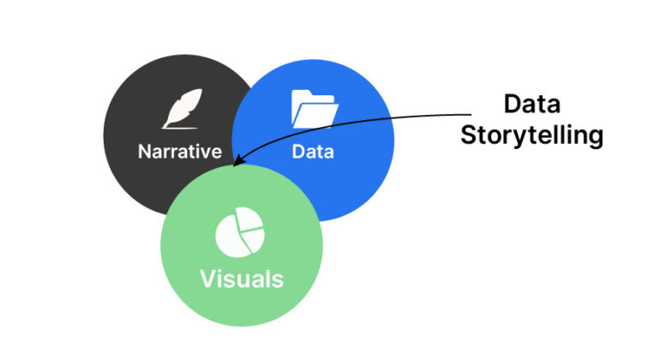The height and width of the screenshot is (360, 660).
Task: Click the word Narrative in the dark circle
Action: [x=179, y=153]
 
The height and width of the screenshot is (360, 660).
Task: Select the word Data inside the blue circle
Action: [x=313, y=153]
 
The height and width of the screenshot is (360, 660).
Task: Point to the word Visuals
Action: [x=242, y=279]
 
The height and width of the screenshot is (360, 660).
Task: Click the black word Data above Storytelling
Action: [x=531, y=105]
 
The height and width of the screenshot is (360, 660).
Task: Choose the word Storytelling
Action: [x=531, y=135]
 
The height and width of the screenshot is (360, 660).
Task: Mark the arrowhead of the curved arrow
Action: [x=236, y=161]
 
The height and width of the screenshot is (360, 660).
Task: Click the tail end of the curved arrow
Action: [x=472, y=115]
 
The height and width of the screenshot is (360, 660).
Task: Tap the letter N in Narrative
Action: [x=145, y=153]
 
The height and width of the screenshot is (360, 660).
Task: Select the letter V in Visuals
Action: [x=207, y=279]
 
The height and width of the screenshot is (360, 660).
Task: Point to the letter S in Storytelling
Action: [x=468, y=135]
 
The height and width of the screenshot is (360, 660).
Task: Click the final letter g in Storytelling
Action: [x=596, y=138]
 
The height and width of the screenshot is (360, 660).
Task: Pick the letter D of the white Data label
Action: [x=298, y=153]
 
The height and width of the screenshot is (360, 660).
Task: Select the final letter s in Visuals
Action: [x=277, y=279]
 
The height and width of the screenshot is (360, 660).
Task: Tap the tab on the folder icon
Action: [x=302, y=94]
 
